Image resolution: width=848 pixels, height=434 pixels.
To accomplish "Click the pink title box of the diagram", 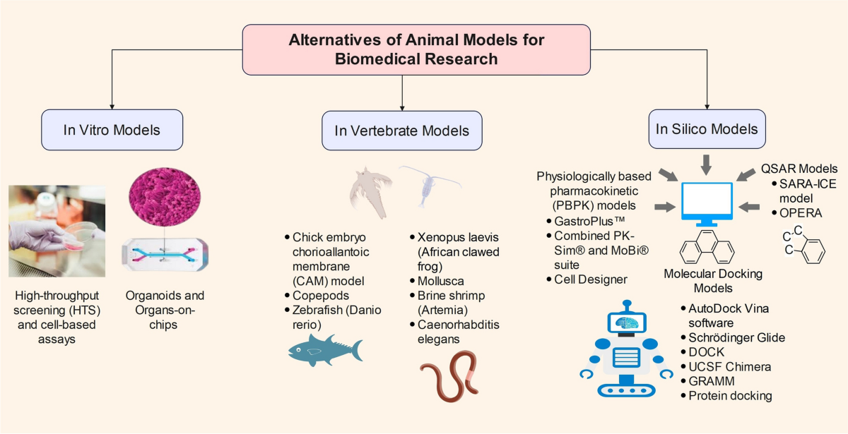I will tap(416, 49).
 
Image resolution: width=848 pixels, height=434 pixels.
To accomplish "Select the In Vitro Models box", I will tap(112, 130).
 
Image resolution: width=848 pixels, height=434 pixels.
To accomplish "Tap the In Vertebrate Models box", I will tap(401, 130).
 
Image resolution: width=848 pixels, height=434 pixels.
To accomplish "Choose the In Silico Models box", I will tap(706, 128).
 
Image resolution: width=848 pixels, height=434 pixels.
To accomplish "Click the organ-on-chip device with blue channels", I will tap(167, 255).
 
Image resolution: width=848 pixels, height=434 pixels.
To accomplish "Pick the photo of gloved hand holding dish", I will tap(57, 229).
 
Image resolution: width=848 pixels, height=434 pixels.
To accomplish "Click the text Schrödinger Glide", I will tap(737, 337).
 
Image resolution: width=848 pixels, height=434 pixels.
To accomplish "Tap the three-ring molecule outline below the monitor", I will tap(706, 248).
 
